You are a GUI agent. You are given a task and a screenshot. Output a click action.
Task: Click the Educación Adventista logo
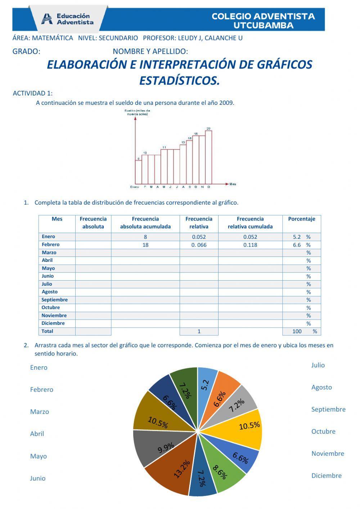(68, 19)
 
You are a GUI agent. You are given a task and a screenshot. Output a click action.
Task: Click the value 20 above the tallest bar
(208, 129)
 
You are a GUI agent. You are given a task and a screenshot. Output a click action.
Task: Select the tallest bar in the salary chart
(208, 157)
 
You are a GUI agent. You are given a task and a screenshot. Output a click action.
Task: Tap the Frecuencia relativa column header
(199, 223)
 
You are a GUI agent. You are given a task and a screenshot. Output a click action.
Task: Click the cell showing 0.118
(250, 245)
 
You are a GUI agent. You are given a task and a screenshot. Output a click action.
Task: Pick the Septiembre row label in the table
(54, 300)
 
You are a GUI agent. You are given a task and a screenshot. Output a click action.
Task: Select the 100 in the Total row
(297, 331)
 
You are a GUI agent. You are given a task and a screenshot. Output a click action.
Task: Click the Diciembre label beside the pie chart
(326, 475)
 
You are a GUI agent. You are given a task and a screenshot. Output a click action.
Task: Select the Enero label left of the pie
(39, 367)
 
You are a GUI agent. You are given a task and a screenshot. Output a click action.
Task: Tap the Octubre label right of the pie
(323, 431)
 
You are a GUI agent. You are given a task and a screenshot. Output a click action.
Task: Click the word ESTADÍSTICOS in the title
(179, 81)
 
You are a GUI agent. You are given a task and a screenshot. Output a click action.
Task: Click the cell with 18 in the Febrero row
(145, 245)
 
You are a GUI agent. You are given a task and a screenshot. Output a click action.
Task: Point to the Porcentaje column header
(301, 219)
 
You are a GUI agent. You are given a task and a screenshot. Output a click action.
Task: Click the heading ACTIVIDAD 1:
(32, 93)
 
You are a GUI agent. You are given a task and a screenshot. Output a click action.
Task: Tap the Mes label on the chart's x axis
(233, 184)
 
